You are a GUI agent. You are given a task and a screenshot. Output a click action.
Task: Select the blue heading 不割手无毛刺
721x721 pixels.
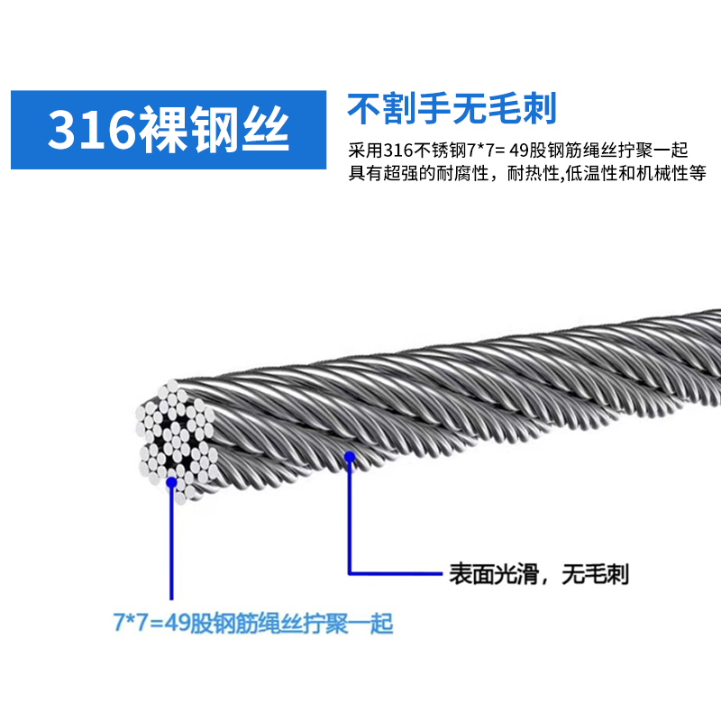click(x=452, y=108)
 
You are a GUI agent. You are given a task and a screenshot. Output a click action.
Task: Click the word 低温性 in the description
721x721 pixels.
click(x=592, y=172)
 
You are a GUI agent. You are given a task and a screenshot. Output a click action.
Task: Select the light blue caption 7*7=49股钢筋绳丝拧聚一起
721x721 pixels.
click(x=253, y=624)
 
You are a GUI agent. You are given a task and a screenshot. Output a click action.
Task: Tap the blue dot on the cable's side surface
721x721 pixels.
click(x=349, y=460)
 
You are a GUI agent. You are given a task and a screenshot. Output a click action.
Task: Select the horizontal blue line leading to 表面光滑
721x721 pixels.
click(x=397, y=572)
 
